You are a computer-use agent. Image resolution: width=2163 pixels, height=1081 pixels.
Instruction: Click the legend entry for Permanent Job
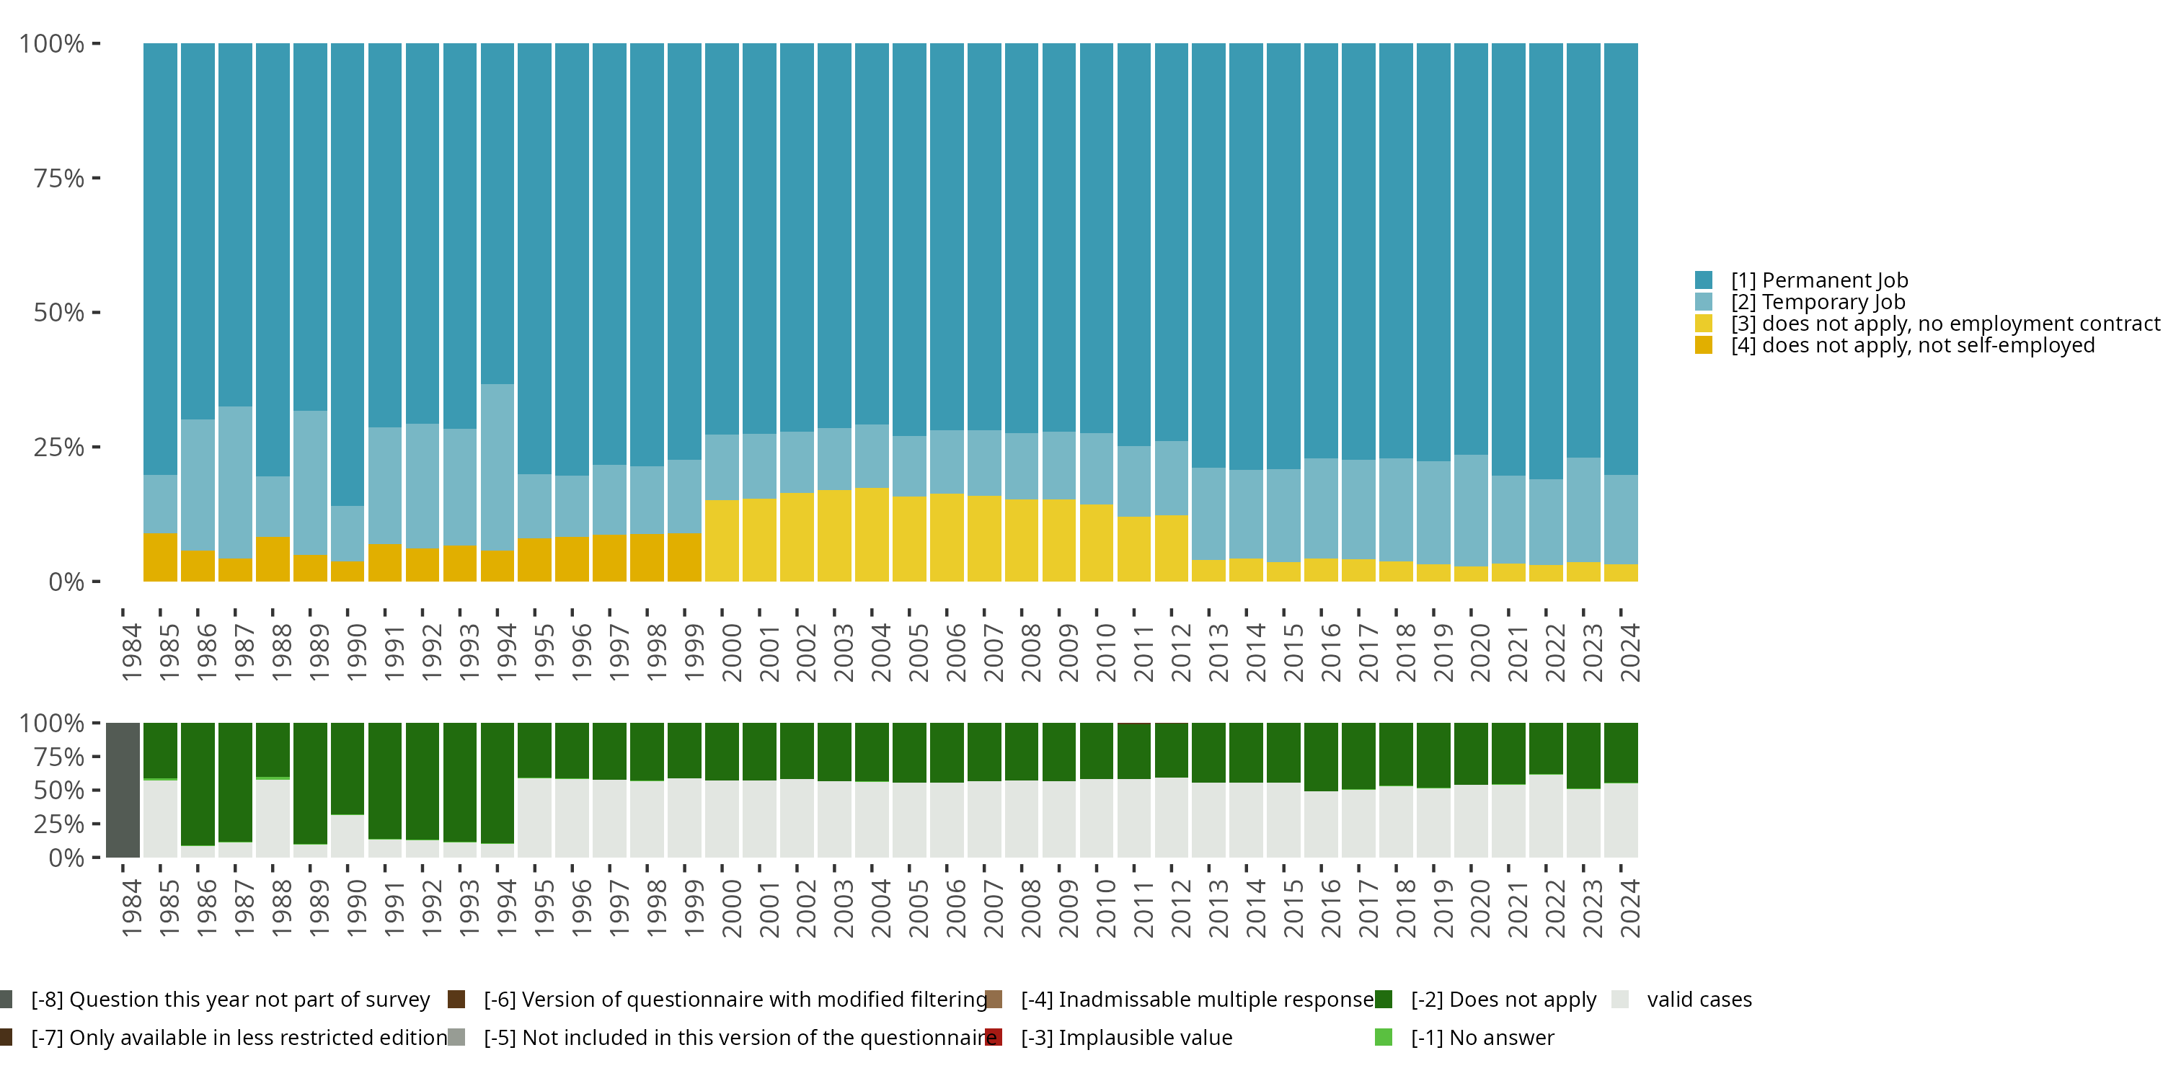(x=1801, y=280)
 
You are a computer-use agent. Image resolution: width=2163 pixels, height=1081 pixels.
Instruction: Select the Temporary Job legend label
(x=1800, y=302)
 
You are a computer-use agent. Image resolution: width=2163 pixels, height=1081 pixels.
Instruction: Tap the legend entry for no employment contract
(x=1927, y=324)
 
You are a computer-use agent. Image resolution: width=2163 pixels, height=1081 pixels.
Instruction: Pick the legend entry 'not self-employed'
(x=1894, y=346)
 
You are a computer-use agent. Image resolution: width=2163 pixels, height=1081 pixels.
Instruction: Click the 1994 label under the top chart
(x=506, y=652)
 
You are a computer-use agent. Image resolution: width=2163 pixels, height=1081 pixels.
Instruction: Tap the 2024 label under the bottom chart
(x=1629, y=908)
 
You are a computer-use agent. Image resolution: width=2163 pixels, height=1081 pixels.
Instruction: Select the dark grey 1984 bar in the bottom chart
(x=123, y=790)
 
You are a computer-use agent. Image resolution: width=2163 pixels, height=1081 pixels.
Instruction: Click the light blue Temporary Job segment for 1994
(x=497, y=468)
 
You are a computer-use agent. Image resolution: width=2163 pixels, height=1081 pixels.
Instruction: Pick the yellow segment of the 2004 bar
(x=872, y=535)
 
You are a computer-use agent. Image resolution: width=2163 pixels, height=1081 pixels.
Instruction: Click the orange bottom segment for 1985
(x=160, y=557)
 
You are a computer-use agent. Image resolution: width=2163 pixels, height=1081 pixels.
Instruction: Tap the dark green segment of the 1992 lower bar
(x=423, y=781)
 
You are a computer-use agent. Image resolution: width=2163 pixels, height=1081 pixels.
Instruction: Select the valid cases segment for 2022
(x=1546, y=816)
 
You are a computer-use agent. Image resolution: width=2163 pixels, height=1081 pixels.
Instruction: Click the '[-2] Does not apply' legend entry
(x=1485, y=1000)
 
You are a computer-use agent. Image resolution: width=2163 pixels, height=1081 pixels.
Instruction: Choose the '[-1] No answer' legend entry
(x=1464, y=1037)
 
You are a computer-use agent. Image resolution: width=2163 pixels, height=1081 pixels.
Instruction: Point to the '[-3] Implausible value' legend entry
(x=1108, y=1037)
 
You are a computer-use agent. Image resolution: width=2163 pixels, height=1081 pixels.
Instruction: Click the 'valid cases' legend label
(x=1682, y=1000)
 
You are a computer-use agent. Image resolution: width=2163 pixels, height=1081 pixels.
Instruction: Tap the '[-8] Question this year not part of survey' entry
(x=215, y=1000)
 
